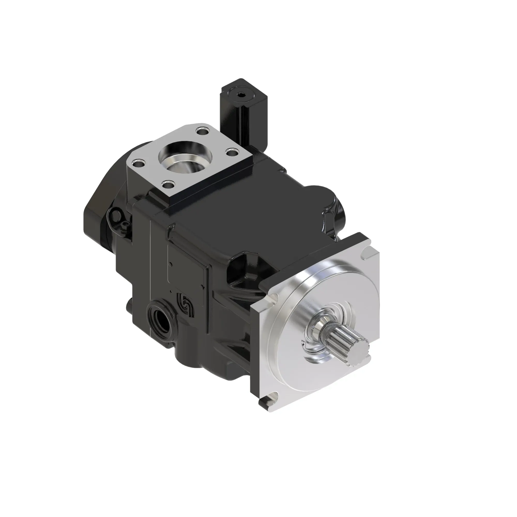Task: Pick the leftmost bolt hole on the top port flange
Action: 139,162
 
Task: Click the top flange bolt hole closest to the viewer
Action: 168,184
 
